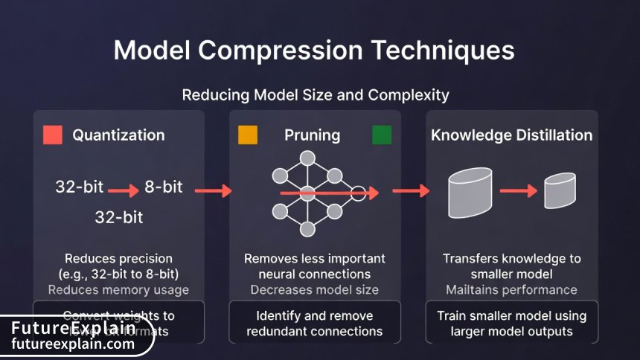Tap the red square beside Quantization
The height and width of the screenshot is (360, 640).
click(x=53, y=135)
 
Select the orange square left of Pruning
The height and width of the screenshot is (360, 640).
click(x=248, y=135)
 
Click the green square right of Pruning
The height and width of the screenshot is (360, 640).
click(x=382, y=135)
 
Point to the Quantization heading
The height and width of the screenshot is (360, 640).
click(x=118, y=135)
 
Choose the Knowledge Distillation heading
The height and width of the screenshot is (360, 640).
click(x=512, y=135)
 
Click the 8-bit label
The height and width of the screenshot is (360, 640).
click(x=164, y=187)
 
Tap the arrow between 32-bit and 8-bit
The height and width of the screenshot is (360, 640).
click(x=124, y=191)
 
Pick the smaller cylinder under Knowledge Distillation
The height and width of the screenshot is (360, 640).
click(x=560, y=192)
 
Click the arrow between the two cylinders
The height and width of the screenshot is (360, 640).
click(x=518, y=191)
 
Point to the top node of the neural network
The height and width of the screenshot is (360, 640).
click(x=307, y=158)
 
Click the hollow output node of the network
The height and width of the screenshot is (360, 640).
click(x=358, y=193)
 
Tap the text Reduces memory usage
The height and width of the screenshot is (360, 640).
click(x=118, y=289)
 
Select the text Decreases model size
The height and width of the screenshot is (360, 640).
click(x=314, y=289)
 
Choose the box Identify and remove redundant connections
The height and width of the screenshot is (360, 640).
click(x=314, y=323)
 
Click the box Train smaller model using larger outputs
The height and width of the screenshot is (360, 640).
click(x=511, y=323)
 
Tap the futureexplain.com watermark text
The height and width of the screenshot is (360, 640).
click(x=73, y=344)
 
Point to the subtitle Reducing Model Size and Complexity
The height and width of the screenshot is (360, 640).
click(x=316, y=95)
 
